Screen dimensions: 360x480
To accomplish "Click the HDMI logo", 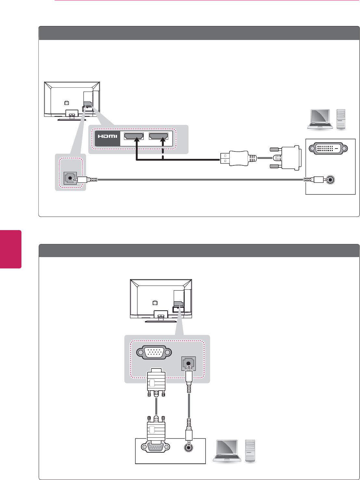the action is click(108, 136).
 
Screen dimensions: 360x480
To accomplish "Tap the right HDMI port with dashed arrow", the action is click(159, 136).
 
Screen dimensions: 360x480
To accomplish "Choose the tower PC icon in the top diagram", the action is click(341, 120).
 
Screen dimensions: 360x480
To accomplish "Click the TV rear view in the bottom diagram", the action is click(161, 300).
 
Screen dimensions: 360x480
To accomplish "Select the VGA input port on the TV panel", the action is click(154, 352).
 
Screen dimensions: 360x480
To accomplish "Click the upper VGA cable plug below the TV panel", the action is click(156, 383).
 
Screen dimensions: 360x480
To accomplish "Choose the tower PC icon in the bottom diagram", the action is click(250, 451).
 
